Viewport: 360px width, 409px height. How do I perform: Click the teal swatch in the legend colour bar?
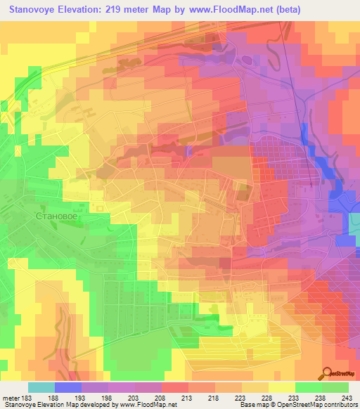41,387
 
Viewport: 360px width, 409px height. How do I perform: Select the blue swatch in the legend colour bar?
68,387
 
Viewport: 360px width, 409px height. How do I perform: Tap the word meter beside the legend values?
11,398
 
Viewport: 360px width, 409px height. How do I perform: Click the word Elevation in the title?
85,9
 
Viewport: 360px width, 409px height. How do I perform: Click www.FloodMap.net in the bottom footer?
148,405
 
